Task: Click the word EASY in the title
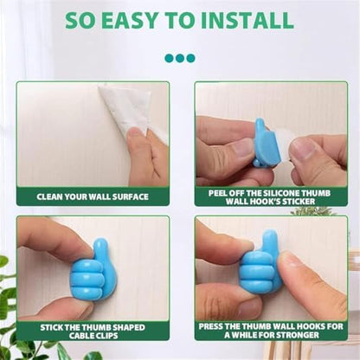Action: point(131,20)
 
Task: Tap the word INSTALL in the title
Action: point(247,20)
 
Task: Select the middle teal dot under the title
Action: point(180,58)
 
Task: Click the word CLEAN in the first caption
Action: point(49,197)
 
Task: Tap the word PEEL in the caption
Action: point(218,193)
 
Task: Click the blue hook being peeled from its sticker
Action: point(265,145)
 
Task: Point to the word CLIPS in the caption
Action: point(107,336)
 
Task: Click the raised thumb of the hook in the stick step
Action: point(101,251)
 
